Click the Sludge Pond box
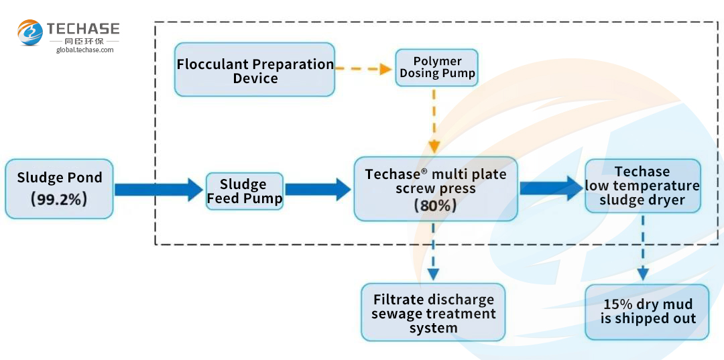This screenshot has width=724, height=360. [x=59, y=189]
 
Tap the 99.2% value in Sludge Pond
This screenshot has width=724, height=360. [x=58, y=199]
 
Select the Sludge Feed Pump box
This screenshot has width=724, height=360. [x=244, y=191]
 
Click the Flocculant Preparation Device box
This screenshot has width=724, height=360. [x=255, y=70]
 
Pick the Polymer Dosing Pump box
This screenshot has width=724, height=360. [x=437, y=68]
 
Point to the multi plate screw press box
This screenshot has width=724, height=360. [x=436, y=189]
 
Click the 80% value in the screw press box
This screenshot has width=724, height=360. [x=436, y=205]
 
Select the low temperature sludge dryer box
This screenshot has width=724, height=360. [x=642, y=186]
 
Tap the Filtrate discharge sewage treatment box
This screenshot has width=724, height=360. [x=433, y=312]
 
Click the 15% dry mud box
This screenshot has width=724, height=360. [x=647, y=312]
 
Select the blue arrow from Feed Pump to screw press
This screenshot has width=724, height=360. [x=318, y=190]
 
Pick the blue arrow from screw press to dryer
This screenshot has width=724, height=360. [x=551, y=188]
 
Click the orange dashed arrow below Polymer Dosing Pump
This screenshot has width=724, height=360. [x=434, y=121]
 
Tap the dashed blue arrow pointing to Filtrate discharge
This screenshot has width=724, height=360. [x=433, y=251]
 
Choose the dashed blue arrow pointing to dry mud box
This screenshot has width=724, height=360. [x=643, y=248]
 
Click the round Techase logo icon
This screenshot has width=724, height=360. [x=30, y=32]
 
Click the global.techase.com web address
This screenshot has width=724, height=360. [x=85, y=50]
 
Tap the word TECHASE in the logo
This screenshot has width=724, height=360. [x=83, y=29]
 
